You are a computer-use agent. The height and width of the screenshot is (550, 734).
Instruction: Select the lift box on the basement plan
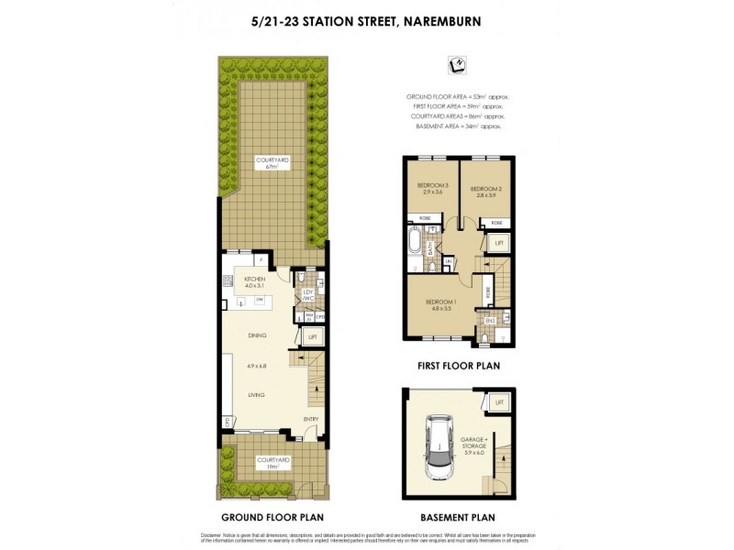499,403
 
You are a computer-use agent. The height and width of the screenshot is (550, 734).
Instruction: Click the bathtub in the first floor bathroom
415,244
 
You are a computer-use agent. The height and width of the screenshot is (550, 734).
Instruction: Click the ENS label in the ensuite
490,321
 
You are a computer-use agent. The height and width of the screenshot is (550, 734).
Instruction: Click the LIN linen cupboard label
448,263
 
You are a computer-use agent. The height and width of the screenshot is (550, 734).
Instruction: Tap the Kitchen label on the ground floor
254,279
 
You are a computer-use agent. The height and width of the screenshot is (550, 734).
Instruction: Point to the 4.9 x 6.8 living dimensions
256,366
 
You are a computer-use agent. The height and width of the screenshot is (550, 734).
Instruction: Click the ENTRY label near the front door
311,421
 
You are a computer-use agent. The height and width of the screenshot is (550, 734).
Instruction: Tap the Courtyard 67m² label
271,164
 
